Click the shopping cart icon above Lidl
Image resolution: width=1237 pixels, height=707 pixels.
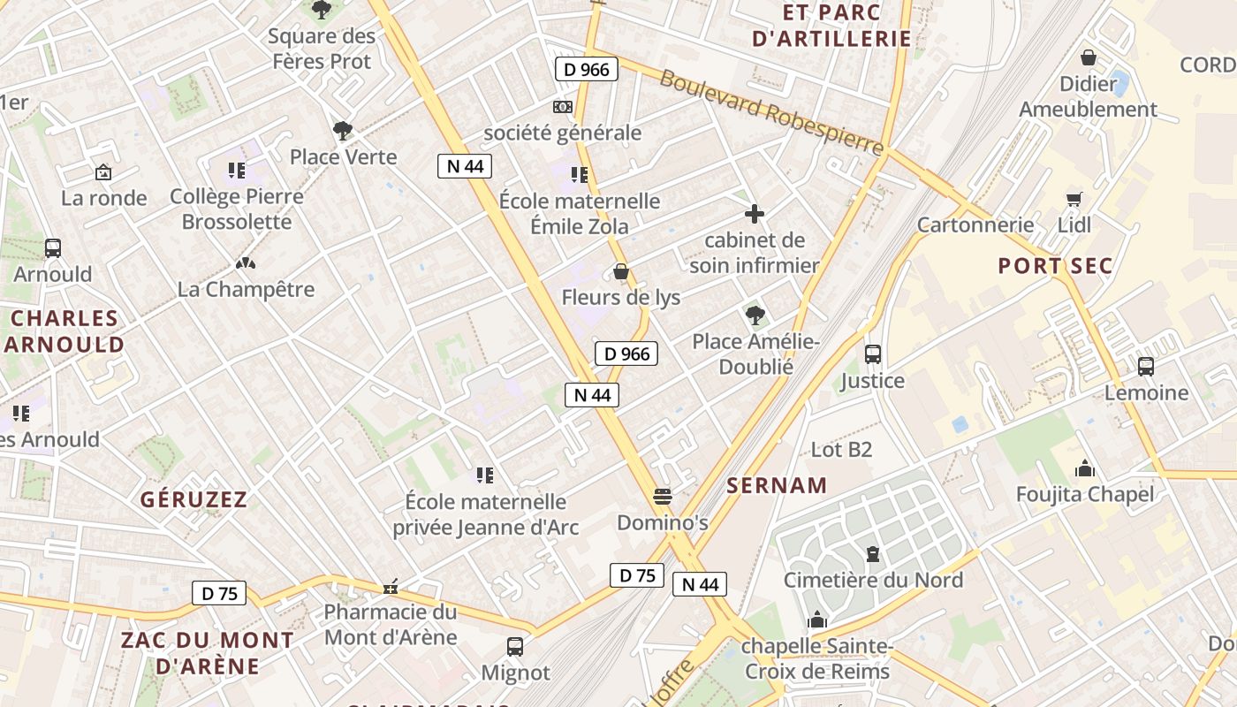[x=1074, y=198]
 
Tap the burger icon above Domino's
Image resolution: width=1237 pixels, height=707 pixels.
[x=663, y=496]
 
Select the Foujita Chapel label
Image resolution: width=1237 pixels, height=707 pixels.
[x=1085, y=494]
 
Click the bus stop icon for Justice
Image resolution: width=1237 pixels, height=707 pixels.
[x=873, y=354]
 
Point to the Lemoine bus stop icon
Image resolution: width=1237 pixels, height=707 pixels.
[x=1146, y=366]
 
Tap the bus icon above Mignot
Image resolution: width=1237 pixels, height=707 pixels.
[x=515, y=646]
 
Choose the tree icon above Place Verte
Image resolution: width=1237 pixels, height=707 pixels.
[x=343, y=131]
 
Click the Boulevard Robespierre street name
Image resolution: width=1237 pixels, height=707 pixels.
[x=771, y=111]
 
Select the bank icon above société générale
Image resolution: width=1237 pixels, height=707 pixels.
[x=563, y=107]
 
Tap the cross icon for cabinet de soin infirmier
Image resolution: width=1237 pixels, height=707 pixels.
[x=755, y=214]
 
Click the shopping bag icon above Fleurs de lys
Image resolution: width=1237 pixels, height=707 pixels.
[x=621, y=271]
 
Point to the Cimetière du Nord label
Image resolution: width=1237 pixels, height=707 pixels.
[x=873, y=580]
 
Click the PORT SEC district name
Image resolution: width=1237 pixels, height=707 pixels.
[x=1055, y=266]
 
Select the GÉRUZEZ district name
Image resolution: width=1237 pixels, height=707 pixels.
[x=194, y=499]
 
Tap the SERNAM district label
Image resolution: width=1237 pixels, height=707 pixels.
[x=777, y=485]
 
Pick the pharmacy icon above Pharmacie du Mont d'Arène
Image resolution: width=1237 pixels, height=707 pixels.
[x=390, y=587]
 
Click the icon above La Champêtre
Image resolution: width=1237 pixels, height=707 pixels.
[x=246, y=263]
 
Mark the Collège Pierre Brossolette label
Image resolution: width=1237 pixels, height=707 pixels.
[x=237, y=209]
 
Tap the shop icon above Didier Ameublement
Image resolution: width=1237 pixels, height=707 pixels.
[x=1089, y=57]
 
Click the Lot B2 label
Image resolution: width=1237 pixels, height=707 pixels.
[x=841, y=450]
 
